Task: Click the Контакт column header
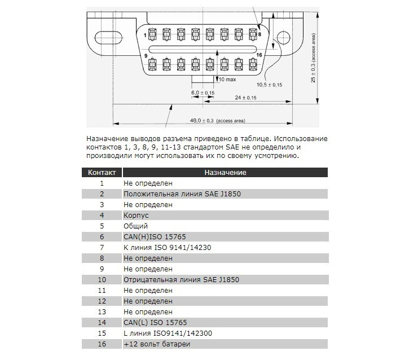point(102,173)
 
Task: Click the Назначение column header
point(225,173)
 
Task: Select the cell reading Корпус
point(134,215)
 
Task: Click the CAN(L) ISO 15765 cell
point(155,322)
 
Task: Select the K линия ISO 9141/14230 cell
point(167,247)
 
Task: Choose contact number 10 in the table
point(102,279)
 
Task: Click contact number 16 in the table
point(102,344)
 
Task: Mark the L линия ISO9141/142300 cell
point(166,333)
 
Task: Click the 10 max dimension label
point(228,78)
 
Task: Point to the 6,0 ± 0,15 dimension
point(203,92)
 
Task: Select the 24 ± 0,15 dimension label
point(245,98)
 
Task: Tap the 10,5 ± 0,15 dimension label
point(270,85)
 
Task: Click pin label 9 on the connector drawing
point(146,56)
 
